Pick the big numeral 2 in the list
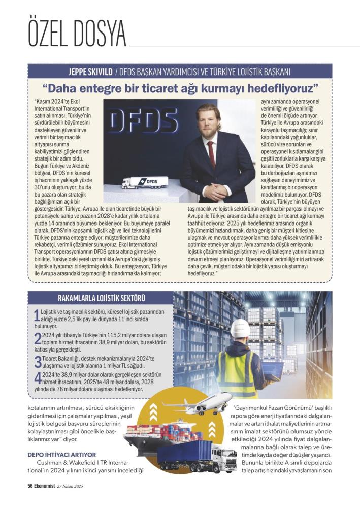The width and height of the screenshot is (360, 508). tap(37, 339)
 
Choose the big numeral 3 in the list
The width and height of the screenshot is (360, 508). tap(37, 362)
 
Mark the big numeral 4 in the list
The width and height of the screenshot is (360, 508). tap(37, 379)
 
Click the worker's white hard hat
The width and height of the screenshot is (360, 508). tap(240, 328)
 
